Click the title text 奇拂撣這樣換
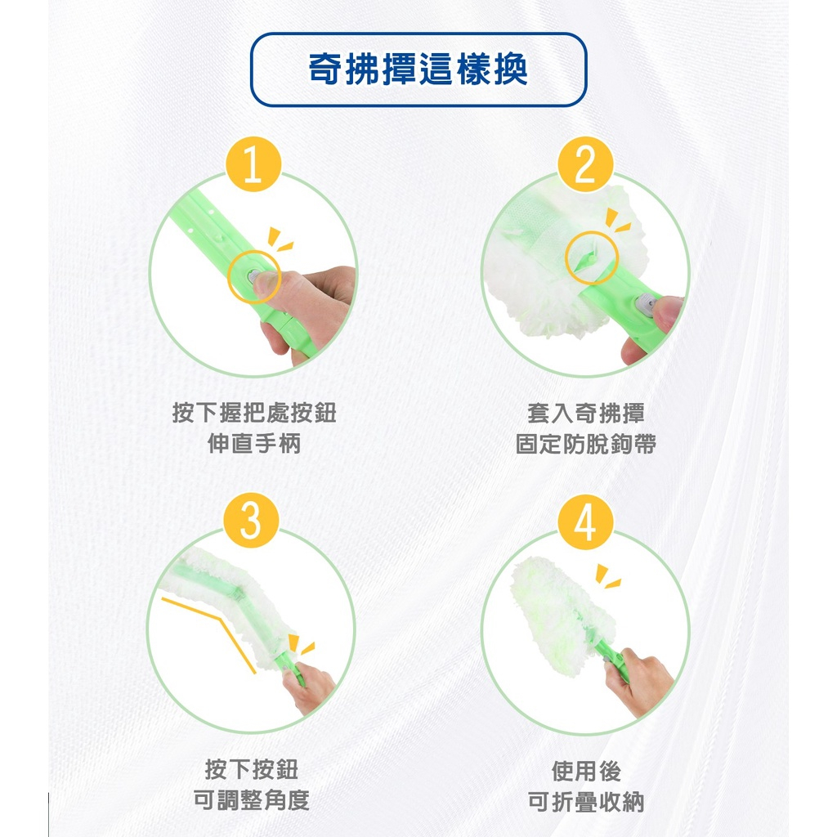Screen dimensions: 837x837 tap(418, 69)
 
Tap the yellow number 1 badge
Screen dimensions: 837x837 tap(253, 163)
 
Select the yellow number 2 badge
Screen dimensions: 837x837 tap(585, 163)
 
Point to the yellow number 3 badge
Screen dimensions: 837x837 tap(251, 521)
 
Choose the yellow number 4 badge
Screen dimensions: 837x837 tap(585, 522)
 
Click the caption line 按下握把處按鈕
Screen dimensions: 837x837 tap(254, 413)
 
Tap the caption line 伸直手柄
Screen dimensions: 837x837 tap(254, 444)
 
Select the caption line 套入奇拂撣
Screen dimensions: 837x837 tap(585, 413)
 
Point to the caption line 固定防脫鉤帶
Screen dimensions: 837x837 tap(585, 444)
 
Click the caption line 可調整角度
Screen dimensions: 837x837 tap(252, 799)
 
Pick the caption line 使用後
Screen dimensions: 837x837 tap(585, 770)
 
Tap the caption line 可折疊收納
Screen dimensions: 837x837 tap(585, 801)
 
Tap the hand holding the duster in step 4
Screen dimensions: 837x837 tap(641, 681)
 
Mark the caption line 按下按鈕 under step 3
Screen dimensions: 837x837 tap(252, 769)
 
